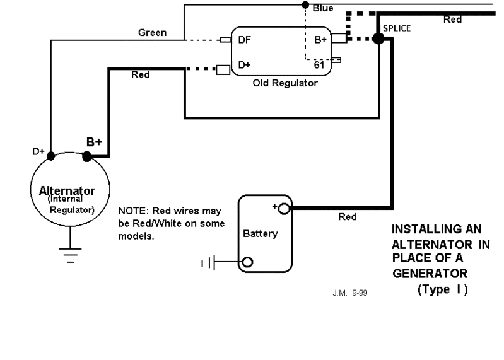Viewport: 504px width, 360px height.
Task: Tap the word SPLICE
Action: (397, 29)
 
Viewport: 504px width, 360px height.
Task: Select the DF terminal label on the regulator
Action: (243, 40)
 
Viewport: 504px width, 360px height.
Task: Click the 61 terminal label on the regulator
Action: (319, 63)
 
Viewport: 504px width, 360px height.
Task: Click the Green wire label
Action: (153, 33)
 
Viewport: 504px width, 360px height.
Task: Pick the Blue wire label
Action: (323, 8)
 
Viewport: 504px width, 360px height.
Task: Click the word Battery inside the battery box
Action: (260, 234)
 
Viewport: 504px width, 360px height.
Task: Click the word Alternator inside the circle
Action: (67, 190)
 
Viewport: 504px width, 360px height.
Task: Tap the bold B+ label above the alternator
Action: (94, 142)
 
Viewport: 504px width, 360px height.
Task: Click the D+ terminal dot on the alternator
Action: (51, 153)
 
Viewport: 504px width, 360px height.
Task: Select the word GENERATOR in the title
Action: (430, 273)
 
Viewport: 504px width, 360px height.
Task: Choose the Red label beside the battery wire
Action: (348, 217)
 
